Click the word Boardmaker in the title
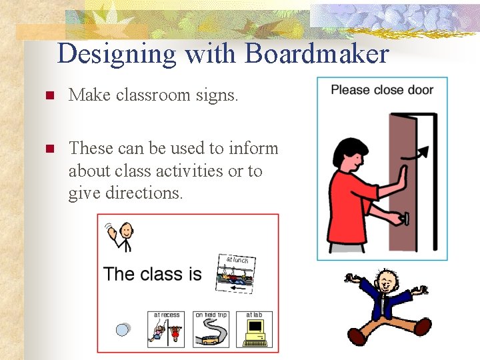click(x=317, y=53)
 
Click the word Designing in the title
click(x=117, y=53)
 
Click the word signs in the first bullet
click(x=214, y=95)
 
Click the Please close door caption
click(x=382, y=90)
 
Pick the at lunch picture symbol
click(x=237, y=273)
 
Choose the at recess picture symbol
click(x=166, y=329)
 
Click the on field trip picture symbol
click(x=211, y=329)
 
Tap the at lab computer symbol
click(x=255, y=329)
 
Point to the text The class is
click(x=153, y=274)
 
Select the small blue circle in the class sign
click(x=123, y=329)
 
